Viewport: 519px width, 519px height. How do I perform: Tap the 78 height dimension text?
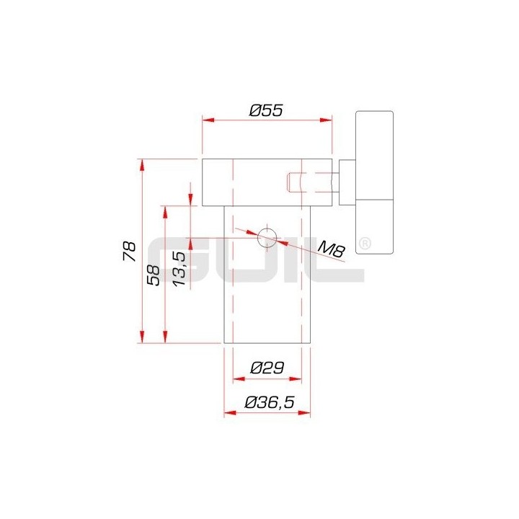pos(130,251)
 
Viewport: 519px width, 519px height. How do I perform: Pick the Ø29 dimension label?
pos(266,367)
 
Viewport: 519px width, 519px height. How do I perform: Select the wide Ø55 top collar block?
pos(267,181)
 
